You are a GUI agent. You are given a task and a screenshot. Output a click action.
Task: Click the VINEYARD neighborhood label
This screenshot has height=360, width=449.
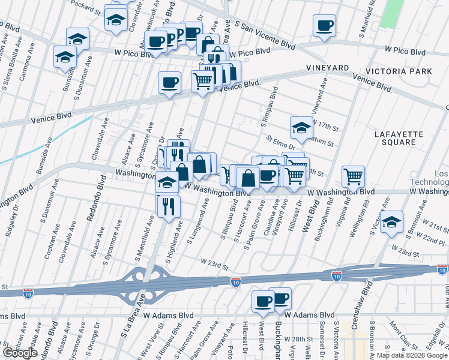click(327, 68)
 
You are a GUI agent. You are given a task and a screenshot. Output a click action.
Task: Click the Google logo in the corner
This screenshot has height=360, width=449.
click(20, 353)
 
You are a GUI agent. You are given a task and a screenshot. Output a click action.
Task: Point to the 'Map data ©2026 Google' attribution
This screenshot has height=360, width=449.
click(412, 355)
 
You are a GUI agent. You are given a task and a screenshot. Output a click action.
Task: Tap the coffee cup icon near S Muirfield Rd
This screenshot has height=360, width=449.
click(325, 26)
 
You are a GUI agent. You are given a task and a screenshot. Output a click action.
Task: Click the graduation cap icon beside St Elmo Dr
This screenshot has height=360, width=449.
click(301, 127)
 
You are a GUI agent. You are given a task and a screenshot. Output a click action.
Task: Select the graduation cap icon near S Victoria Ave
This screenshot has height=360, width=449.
click(391, 221)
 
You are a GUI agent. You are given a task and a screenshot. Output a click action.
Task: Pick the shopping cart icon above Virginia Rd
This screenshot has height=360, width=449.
click(353, 176)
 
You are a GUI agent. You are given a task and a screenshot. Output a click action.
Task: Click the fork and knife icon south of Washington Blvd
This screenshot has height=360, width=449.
click(168, 206)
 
